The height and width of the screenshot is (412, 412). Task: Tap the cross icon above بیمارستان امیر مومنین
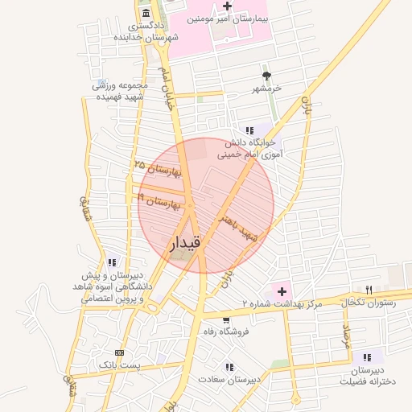[x=228, y=6]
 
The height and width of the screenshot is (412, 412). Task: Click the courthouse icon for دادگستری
[x=145, y=14]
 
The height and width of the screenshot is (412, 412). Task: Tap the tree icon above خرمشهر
[x=267, y=75]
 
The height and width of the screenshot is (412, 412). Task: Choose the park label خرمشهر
[x=267, y=88]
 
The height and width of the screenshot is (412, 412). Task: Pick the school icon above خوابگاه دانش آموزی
[x=249, y=130]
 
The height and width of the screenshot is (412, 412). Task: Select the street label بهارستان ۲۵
[x=158, y=168]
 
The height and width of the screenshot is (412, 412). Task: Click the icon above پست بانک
[x=120, y=352]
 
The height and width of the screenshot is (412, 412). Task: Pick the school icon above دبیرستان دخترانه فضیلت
[x=368, y=357]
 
